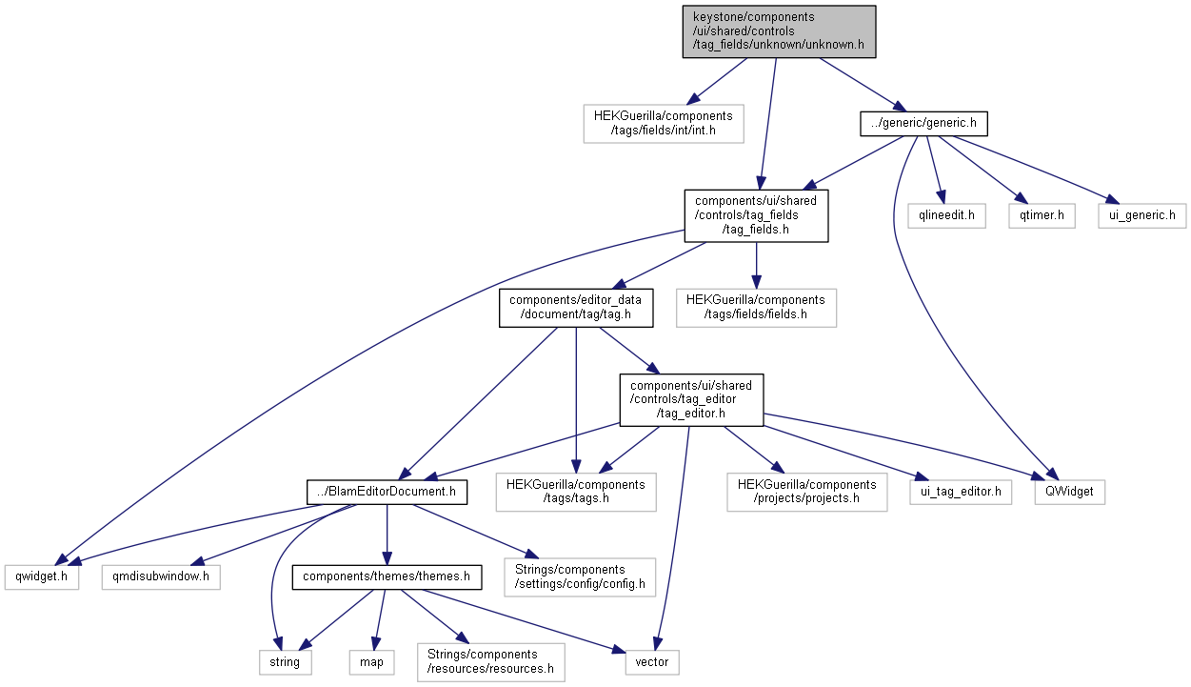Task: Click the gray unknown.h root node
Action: [x=779, y=31]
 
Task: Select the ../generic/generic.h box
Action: [x=923, y=124]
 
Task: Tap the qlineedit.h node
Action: [x=946, y=216]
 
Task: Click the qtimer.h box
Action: [x=1042, y=216]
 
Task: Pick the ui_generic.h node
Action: [x=1142, y=216]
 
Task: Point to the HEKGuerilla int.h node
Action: [x=664, y=124]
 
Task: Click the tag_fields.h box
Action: [x=756, y=214]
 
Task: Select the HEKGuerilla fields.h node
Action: [x=756, y=308]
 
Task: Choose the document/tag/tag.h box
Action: [x=576, y=308]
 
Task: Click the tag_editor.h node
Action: [x=691, y=399]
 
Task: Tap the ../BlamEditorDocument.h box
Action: [x=387, y=493]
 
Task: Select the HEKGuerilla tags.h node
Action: [x=576, y=492]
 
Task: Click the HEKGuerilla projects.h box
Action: [x=806, y=492]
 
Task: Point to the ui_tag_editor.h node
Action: [x=961, y=493]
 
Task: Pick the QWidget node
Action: [x=1070, y=493]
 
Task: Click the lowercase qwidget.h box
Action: [x=41, y=577]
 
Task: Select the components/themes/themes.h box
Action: [x=386, y=577]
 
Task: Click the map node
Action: [x=371, y=662]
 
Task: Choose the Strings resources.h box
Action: [x=490, y=662]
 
